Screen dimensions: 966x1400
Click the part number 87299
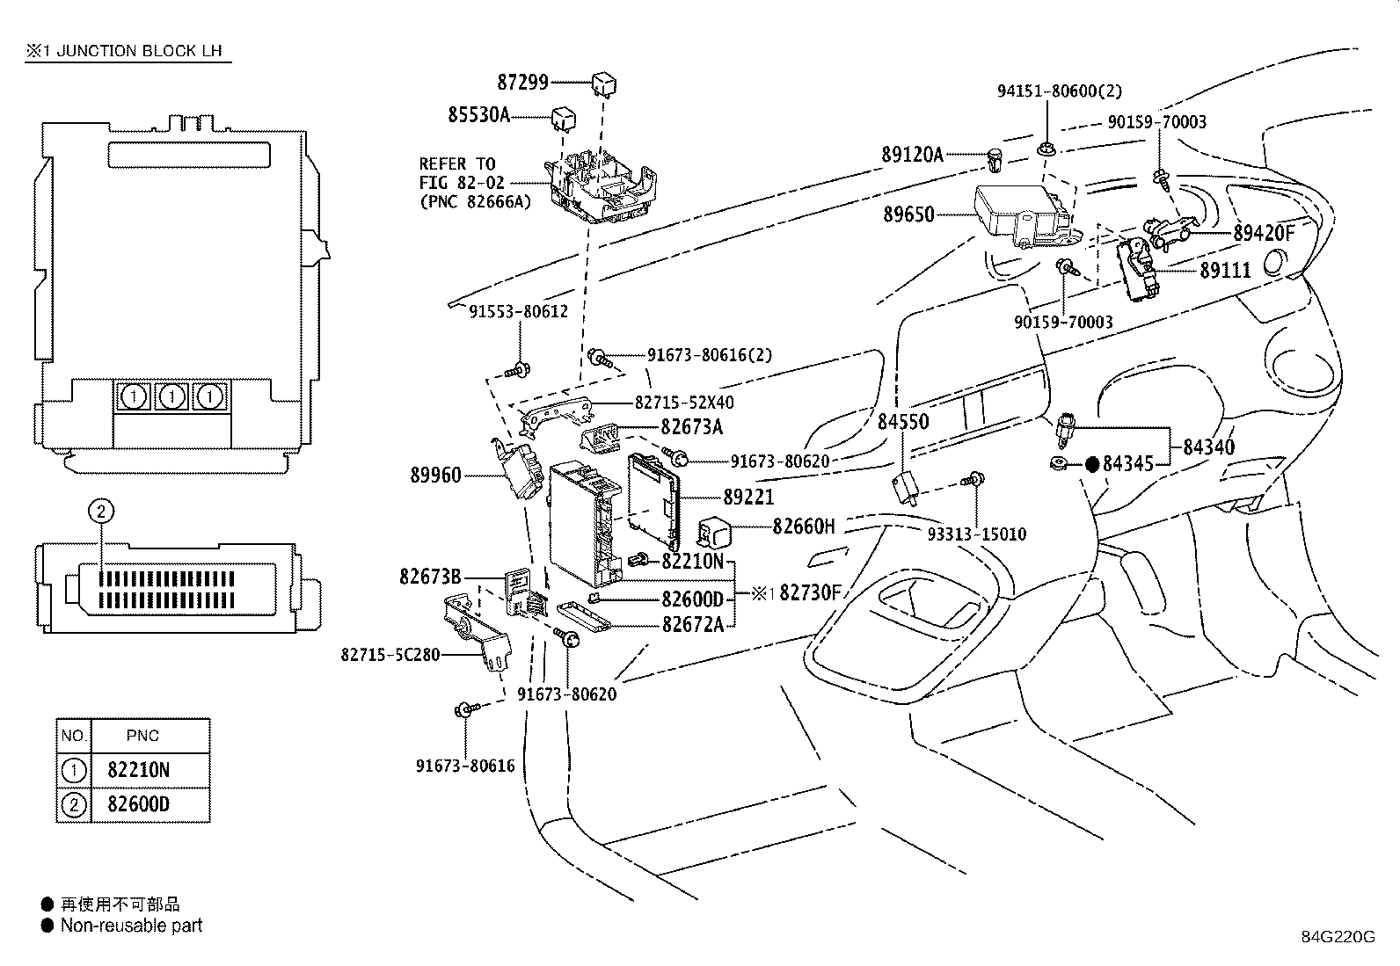tap(522, 83)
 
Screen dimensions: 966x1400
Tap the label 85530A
tap(478, 114)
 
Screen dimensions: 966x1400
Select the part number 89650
tap(908, 214)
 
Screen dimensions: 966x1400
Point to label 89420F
tap(1264, 233)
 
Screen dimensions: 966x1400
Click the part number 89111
tap(1225, 271)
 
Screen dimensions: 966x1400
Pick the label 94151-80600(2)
tap(1059, 91)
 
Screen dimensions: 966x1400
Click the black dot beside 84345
tap(1091, 464)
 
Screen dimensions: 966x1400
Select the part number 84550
tap(903, 422)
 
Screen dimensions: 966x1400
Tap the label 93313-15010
tap(976, 534)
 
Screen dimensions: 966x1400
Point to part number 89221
tap(748, 498)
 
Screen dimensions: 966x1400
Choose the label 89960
tap(435, 476)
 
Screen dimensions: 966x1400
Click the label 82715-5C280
tap(390, 655)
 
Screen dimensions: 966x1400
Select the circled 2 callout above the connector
tap(101, 510)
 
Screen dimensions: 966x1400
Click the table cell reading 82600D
tap(138, 804)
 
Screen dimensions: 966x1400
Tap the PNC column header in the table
tap(142, 736)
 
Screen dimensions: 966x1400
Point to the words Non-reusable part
tap(131, 926)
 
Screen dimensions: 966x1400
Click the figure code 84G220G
tap(1338, 936)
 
